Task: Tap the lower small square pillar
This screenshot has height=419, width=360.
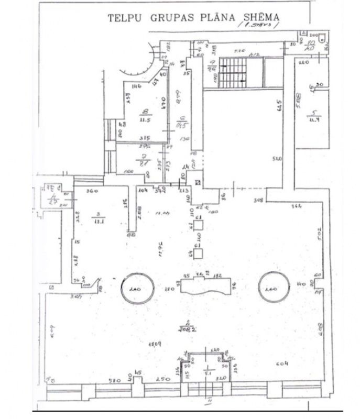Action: pyautogui.click(x=199, y=253)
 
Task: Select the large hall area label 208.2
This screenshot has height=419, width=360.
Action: pyautogui.click(x=183, y=328)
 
